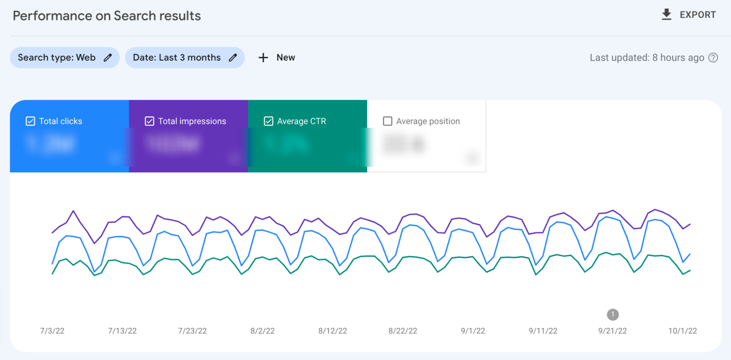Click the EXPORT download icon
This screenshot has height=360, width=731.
(667, 15)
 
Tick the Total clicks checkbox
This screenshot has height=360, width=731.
(30, 121)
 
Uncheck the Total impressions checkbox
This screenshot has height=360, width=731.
(150, 121)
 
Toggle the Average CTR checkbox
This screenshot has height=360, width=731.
(268, 121)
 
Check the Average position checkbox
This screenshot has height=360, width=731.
(388, 121)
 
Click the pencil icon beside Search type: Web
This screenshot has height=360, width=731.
(108, 58)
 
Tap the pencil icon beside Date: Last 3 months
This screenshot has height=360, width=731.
(233, 58)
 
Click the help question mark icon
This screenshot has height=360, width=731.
(713, 58)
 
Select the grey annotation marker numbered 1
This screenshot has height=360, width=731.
(613, 315)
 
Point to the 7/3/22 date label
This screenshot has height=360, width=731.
(52, 331)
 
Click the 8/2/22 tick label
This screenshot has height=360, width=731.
(263, 331)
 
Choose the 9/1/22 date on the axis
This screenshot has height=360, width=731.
(473, 331)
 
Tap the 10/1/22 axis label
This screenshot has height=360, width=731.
(683, 331)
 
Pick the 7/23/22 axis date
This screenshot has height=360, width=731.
(192, 331)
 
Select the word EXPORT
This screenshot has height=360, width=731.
(698, 15)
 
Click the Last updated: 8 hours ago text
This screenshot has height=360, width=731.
(647, 58)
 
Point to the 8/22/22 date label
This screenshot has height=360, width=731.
(403, 331)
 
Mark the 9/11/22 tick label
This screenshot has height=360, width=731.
(543, 331)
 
